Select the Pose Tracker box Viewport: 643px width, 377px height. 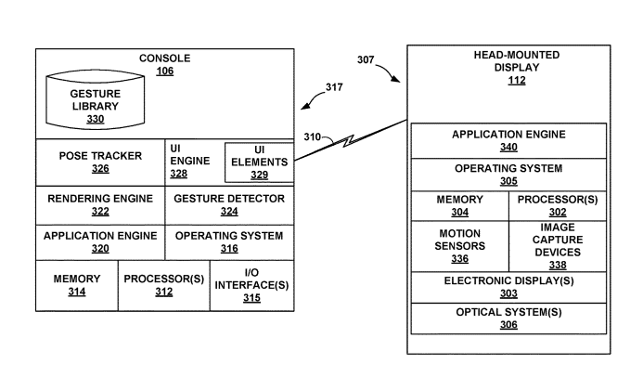click(99, 162)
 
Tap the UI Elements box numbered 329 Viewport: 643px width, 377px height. click(259, 162)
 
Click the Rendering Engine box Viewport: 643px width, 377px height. click(99, 205)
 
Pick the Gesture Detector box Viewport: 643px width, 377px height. click(229, 205)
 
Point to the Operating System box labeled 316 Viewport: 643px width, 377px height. click(229, 241)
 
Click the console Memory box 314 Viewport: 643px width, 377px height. click(76, 285)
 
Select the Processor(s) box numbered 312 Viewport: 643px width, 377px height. click(163, 285)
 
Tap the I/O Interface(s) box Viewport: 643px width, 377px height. click(251, 285)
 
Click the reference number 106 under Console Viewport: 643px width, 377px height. click(164, 71)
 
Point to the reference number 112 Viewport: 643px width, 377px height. click(516, 80)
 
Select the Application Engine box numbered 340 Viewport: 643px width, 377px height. click(508, 140)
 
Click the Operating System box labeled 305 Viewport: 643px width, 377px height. click(508, 175)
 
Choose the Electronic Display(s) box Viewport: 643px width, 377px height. click(508, 286)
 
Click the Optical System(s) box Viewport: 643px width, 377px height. click(508, 318)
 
